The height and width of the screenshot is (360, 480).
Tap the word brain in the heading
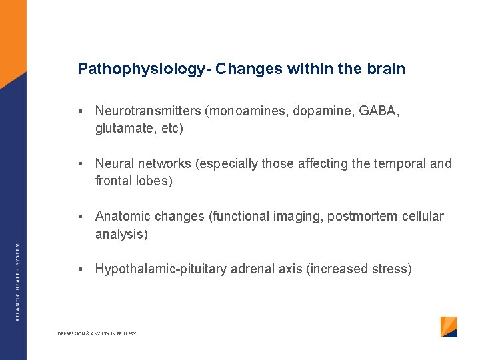tap(386, 69)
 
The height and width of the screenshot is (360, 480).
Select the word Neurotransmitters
tap(149, 111)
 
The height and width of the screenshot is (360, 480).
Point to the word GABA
tap(375, 111)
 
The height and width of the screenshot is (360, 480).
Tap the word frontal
tap(113, 181)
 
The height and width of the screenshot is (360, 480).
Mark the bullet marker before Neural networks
tap(79, 164)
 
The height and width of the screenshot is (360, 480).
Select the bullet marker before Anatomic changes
tap(79, 217)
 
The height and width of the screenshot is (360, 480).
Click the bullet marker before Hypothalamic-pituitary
tap(79, 269)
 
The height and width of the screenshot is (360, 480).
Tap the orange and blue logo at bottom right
tap(449, 327)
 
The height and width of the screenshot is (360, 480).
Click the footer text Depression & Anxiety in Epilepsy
tap(97, 333)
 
